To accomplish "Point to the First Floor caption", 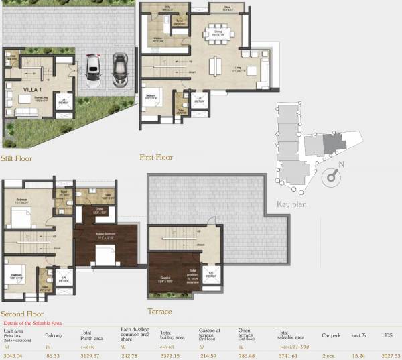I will coord(156,157).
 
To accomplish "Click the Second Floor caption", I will coord(22,314).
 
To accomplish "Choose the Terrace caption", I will coord(159,312).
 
